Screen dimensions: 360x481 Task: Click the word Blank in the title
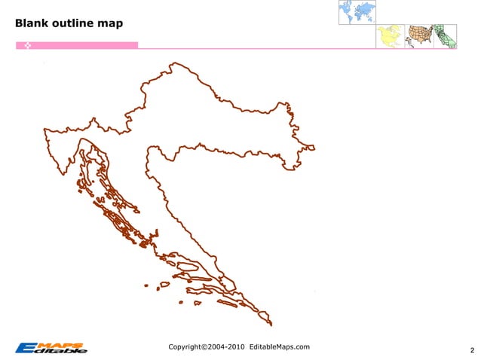[x=31, y=23]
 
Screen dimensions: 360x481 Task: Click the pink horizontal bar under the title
[x=83, y=45]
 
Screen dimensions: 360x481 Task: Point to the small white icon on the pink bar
[x=26, y=46]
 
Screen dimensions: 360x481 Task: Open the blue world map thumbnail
[x=357, y=11]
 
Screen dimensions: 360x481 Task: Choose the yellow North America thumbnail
[x=390, y=36]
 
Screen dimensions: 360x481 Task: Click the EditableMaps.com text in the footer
[x=280, y=346]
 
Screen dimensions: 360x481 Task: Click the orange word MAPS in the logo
[x=68, y=345]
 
